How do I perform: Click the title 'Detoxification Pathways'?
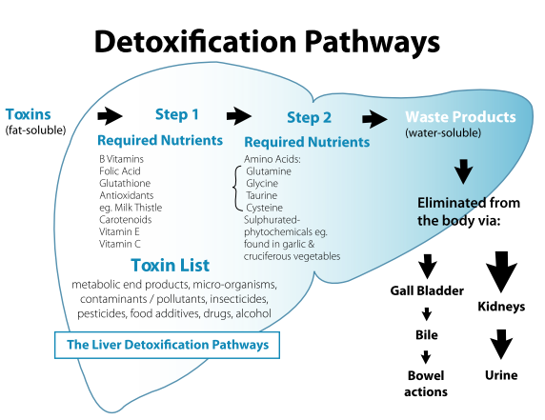[267, 43]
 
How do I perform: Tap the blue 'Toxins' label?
[29, 114]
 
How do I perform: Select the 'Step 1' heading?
[177, 114]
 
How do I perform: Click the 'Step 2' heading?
[309, 117]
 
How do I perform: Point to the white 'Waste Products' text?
[460, 117]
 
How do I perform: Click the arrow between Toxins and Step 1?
[110, 115]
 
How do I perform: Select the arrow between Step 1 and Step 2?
[239, 115]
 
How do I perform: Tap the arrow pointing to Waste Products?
[374, 119]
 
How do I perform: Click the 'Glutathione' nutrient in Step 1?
[125, 183]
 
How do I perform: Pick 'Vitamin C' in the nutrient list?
[120, 244]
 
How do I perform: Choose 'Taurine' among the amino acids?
[261, 195]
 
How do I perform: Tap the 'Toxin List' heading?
[171, 265]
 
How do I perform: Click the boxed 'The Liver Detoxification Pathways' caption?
[167, 345]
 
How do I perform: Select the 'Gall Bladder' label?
[427, 290]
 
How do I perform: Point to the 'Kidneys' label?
[501, 307]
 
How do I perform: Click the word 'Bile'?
[427, 335]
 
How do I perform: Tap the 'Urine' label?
[501, 375]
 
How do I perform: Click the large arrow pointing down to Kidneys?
[501, 271]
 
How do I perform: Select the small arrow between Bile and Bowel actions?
[426, 357]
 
